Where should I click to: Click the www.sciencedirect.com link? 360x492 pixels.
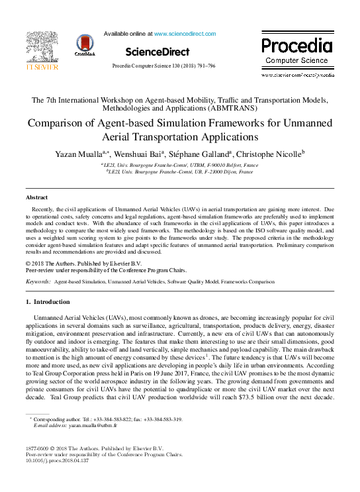pos(185,34)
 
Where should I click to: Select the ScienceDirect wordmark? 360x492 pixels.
pos(157,52)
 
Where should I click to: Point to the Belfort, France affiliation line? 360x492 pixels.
pos(179,164)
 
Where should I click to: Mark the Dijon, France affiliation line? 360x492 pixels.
pos(179,172)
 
